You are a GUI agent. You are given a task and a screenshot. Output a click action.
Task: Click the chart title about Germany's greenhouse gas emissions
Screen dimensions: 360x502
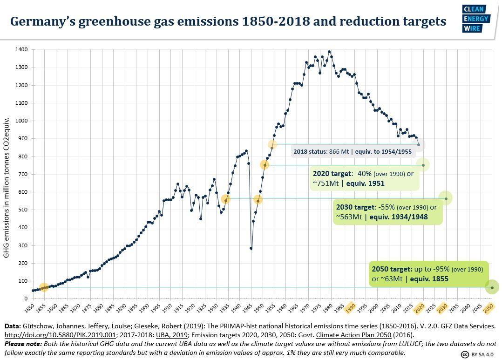(228, 21)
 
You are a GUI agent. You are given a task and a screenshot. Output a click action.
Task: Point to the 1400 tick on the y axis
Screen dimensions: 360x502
(21, 50)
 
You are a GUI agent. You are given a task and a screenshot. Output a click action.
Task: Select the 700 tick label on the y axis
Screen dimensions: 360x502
(21, 174)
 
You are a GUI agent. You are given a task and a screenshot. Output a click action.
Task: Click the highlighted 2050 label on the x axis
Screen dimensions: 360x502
(488, 308)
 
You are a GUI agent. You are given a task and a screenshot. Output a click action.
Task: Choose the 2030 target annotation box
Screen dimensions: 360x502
(387, 212)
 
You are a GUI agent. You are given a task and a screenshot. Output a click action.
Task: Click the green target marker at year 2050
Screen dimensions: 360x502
(492, 287)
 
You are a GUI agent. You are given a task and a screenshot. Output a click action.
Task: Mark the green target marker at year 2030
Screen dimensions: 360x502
(446, 198)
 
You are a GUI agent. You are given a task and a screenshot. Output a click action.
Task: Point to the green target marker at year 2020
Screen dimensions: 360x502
(423, 165)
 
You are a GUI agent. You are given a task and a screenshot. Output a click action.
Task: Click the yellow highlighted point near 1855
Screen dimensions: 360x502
(44, 287)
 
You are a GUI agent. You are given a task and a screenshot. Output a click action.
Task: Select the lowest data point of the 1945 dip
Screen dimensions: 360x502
(251, 248)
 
